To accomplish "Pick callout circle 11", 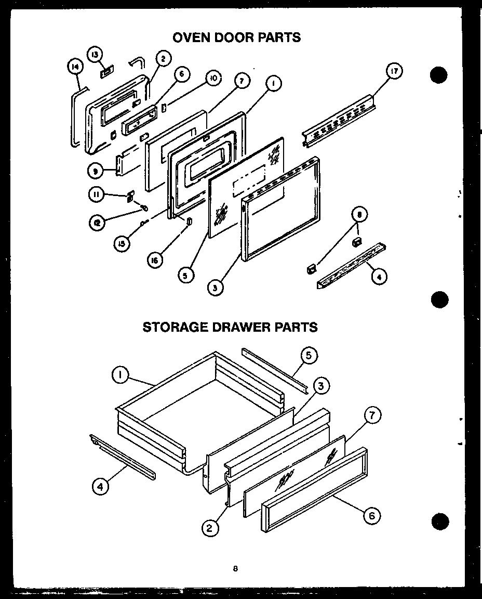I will [96, 195].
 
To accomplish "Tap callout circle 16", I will [155, 262].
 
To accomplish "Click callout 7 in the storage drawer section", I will [372, 415].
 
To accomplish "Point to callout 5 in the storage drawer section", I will [308, 356].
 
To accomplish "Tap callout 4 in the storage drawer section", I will [100, 487].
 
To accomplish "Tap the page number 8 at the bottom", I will [235, 568].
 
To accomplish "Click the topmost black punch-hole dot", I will [439, 75].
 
